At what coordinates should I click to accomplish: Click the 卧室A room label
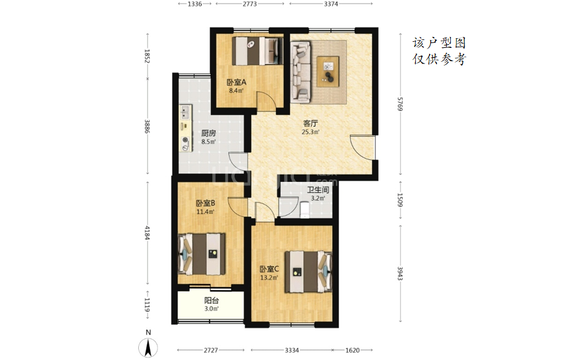pos(236,82)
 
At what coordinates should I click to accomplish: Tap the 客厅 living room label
pos(310,124)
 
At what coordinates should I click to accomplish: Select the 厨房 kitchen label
pos(208,133)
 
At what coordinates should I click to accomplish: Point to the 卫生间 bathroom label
pos(318,190)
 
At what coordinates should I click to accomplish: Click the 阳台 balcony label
pos(212,301)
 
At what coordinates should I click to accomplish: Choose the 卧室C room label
pos(269,269)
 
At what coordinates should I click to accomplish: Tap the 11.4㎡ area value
pos(205,212)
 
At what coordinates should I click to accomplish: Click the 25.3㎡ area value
pos(310,132)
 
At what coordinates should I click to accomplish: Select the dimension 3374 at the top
pos(331,4)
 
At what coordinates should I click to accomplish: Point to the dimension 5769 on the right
pos(400,104)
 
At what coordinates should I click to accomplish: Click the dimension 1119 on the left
pos(147,305)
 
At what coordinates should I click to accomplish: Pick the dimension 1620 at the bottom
pos(352,350)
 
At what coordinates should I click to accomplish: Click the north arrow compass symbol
pos(148,347)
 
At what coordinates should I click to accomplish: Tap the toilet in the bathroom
pos(305,209)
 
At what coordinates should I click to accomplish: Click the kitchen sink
pos(185,112)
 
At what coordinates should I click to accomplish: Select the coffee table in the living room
pos(328,72)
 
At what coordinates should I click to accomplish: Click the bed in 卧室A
pos(255,51)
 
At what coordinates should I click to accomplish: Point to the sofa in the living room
pos(301,71)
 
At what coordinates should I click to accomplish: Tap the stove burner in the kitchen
pos(185,140)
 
